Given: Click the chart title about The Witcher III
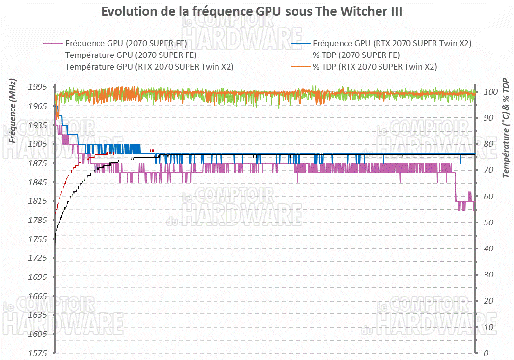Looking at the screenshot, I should [251, 12].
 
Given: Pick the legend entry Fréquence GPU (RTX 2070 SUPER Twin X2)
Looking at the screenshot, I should [392, 43].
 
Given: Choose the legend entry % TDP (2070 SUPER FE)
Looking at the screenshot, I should [356, 55].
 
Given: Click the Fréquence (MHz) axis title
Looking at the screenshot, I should [12, 110].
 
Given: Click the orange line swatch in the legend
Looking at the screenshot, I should [299, 67].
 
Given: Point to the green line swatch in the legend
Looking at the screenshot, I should [299, 55].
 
